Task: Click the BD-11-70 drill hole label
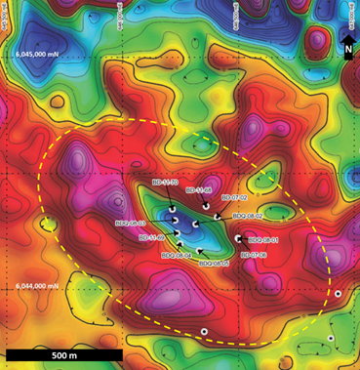coord(162,182)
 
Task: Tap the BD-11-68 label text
coord(198,189)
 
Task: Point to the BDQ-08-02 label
coord(247,215)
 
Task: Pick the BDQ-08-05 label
coord(214,263)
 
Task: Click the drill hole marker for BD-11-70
coord(171,209)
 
